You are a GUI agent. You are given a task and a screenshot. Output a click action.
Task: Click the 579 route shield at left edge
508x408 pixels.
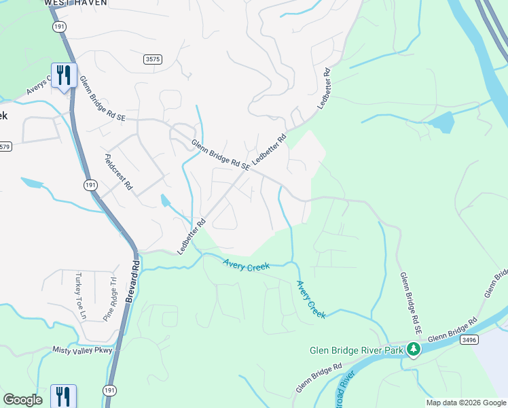[5, 146]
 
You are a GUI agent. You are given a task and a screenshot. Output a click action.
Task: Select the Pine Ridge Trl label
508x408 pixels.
[109, 298]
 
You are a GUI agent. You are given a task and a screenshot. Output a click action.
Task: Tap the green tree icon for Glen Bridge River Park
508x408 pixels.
[414, 350]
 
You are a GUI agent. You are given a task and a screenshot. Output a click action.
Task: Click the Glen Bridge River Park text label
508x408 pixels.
[356, 351]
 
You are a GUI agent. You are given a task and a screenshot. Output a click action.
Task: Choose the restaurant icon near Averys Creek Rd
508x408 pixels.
[64, 75]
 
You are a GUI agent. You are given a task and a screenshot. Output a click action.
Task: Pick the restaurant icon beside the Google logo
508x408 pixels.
[63, 396]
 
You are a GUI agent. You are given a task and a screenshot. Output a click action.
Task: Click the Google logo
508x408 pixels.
[22, 400]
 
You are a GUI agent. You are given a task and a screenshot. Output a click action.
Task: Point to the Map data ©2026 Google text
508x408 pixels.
[465, 403]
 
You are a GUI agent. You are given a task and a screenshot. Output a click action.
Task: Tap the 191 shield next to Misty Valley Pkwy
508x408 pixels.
[109, 389]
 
